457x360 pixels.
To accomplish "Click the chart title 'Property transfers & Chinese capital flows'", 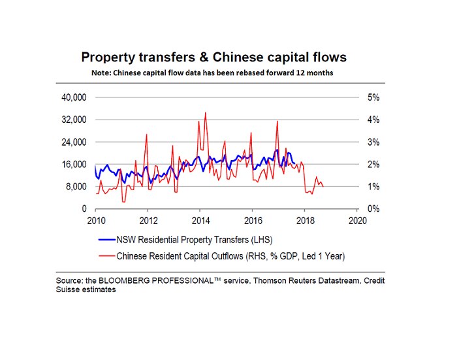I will [213, 57].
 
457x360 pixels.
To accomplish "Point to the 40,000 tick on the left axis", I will [74, 98].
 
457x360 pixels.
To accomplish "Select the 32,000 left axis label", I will [74, 120].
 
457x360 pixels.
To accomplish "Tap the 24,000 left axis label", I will [74, 142].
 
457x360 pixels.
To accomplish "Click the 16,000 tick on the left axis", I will [74, 165].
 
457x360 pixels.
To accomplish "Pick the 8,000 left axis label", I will [76, 187].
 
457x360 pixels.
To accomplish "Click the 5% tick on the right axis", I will [374, 98].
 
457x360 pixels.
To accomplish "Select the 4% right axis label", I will [374, 120].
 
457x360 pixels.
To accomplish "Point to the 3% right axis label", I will [374, 142].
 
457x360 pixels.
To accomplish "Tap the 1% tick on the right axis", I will [374, 187].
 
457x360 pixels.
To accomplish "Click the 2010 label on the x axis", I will [96, 220].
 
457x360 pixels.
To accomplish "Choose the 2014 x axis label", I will [200, 220].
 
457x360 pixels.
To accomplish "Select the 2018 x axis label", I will [305, 220].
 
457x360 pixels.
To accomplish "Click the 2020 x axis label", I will [357, 220].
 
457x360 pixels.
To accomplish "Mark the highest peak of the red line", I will [206, 112].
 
